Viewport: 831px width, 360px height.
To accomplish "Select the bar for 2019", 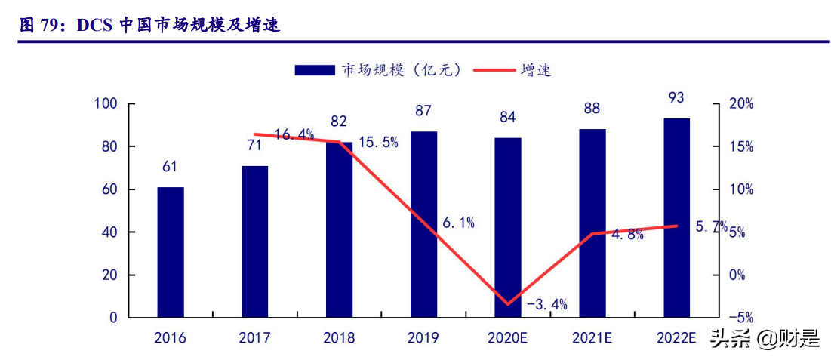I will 423,224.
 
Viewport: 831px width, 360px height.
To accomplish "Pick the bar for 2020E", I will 508,227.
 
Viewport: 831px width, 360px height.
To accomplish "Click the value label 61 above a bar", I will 170,167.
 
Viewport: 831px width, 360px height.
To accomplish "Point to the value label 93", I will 676,97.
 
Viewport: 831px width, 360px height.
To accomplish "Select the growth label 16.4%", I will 294,135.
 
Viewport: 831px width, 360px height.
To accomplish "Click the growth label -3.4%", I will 546,305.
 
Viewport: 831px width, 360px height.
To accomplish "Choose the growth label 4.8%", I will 627,235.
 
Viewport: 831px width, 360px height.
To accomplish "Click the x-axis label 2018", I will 339,337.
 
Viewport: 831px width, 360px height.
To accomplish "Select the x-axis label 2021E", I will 592,337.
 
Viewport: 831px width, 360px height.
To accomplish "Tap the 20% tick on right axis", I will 739,103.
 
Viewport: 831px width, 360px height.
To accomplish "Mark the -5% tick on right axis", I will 739,318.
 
